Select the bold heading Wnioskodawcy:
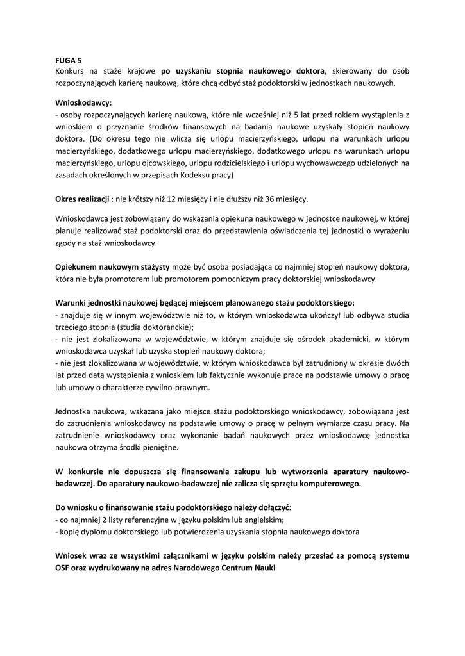tap(84, 102)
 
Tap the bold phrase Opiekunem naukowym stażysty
tap(113, 266)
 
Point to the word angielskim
tap(262, 519)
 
